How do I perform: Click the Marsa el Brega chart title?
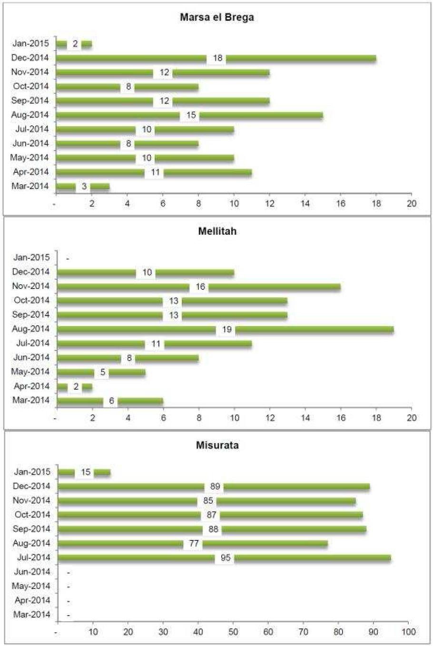click(x=216, y=18)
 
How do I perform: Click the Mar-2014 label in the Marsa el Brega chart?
click(x=30, y=186)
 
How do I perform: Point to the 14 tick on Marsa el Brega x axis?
click(x=305, y=203)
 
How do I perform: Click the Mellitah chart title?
click(x=217, y=232)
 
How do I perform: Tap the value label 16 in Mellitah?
click(x=200, y=287)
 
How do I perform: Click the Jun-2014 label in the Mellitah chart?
click(x=31, y=358)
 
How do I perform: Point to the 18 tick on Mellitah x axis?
click(x=376, y=417)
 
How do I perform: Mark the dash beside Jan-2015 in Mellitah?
click(x=68, y=258)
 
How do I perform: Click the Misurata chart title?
click(x=217, y=446)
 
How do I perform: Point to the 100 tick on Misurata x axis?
click(x=408, y=632)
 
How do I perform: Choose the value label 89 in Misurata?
click(x=215, y=487)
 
